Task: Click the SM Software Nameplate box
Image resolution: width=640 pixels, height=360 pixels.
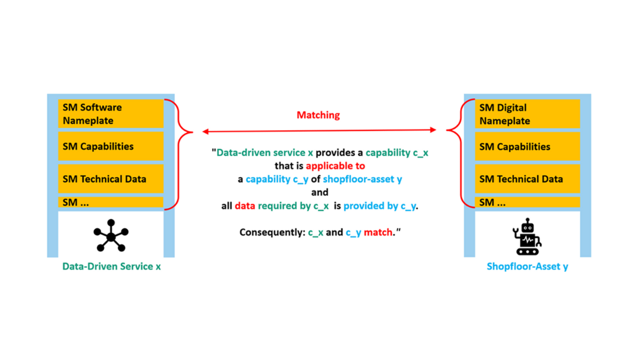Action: [x=111, y=113]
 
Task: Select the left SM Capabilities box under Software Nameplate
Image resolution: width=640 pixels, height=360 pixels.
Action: [x=111, y=147]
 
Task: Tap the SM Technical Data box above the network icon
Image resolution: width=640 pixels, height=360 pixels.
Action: [x=111, y=179]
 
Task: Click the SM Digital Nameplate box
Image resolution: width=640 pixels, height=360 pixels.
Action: [x=527, y=114]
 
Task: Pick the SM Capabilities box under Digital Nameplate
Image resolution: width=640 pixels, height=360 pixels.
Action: [x=527, y=147]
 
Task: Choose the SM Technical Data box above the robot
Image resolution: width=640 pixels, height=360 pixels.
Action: [x=527, y=179]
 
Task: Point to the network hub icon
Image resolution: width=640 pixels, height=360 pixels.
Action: [x=111, y=235]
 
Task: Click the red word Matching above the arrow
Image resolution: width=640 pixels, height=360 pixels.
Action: [x=318, y=115]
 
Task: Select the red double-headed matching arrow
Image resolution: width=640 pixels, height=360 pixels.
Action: [x=319, y=131]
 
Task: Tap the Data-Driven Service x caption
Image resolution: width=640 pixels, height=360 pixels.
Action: [x=111, y=266]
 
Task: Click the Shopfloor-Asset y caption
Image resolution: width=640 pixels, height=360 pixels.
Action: [x=527, y=266]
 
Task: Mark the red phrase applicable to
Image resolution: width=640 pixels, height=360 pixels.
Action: [x=335, y=166]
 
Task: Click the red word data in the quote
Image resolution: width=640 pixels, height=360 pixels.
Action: [x=245, y=206]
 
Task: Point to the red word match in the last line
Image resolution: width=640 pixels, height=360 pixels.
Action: [x=378, y=232]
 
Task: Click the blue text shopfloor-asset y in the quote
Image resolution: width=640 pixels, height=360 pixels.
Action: [x=362, y=179]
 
